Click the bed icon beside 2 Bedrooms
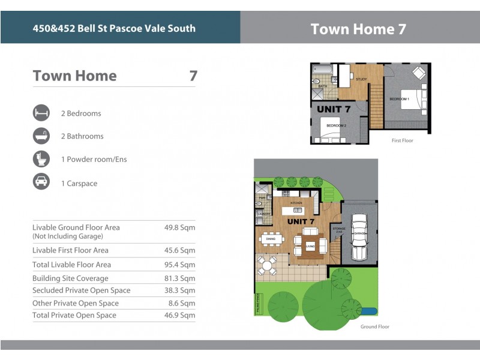pos(41,113)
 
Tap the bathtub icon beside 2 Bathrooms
pos(41,136)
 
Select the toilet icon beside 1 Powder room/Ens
pos(41,160)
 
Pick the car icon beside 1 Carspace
pos(41,183)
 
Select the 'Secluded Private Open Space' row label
pos(81,290)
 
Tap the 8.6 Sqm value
pos(182,304)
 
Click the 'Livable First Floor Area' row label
pos(70,250)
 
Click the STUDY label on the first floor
pos(361,79)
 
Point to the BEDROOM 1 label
pos(399,98)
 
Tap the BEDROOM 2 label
pos(336,125)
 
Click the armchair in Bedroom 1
pos(419,73)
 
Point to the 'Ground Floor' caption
pos(374,327)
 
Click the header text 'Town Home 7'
pos(358,29)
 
